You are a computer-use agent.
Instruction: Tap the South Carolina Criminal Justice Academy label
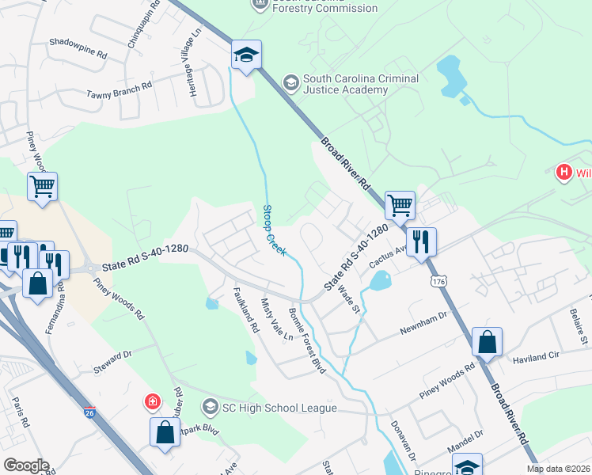[x=346, y=85]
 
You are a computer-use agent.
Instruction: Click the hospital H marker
[x=564, y=172]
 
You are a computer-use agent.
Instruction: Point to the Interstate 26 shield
[x=91, y=412]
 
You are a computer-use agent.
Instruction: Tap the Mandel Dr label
[x=465, y=443]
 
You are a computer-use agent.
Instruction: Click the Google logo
[x=26, y=465]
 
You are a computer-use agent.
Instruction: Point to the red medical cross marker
[x=151, y=403]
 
